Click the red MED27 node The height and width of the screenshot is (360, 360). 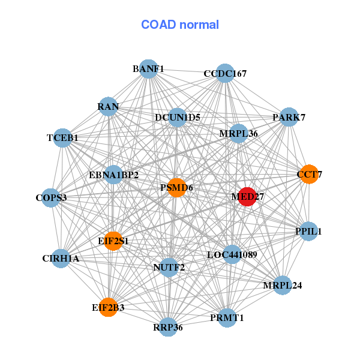click(x=247, y=197)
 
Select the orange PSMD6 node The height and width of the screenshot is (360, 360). click(x=176, y=188)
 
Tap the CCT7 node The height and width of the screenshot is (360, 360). click(x=309, y=174)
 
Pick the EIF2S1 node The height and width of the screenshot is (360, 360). click(x=113, y=241)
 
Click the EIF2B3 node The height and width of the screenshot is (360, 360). click(x=108, y=307)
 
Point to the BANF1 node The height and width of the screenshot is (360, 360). click(x=149, y=69)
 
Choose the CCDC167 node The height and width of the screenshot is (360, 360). click(x=225, y=73)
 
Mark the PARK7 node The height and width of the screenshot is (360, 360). click(x=289, y=117)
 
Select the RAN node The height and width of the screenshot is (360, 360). click(x=108, y=107)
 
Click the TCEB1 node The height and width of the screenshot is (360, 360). click(x=62, y=138)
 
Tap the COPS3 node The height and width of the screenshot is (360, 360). click(x=51, y=198)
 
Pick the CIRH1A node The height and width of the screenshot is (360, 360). click(x=61, y=259)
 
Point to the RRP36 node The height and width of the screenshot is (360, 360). click(x=168, y=327)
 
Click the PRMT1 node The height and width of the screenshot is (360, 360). click(x=227, y=318)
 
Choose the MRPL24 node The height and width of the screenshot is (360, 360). click(x=283, y=286)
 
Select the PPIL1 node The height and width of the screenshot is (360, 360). click(x=309, y=232)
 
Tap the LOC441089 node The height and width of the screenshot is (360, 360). click(x=232, y=254)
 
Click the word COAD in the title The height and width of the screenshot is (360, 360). click(x=158, y=25)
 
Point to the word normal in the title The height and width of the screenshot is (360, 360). click(x=199, y=25)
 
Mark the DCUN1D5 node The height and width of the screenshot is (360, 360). click(x=177, y=118)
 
